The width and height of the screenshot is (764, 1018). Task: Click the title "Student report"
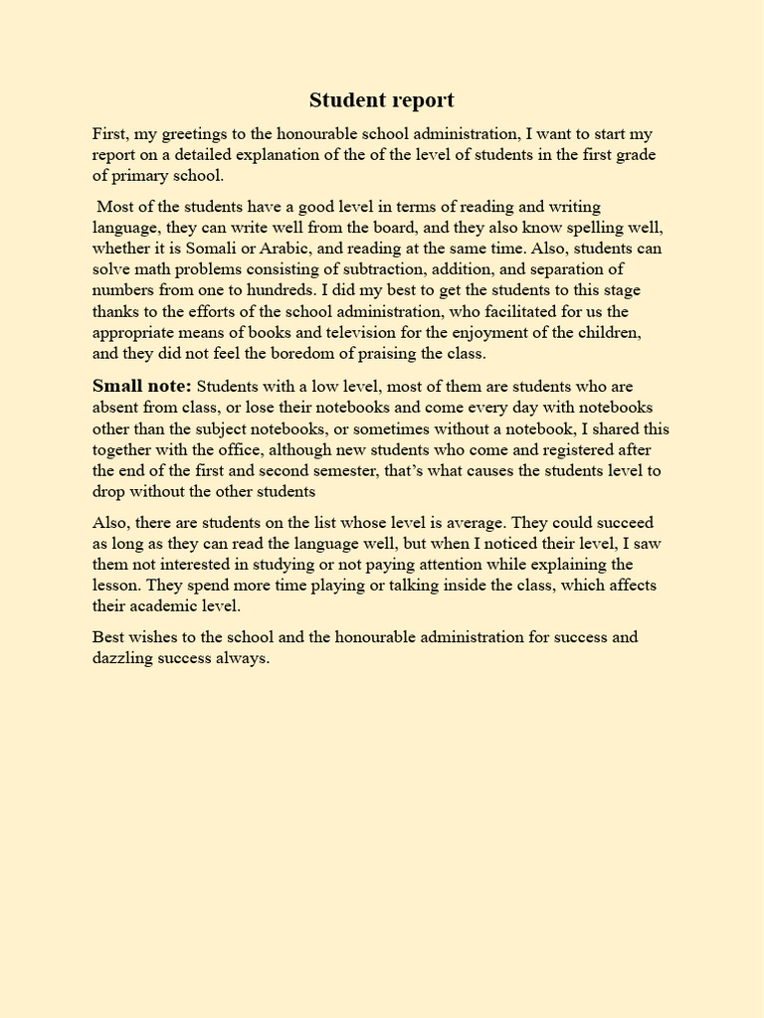tap(381, 100)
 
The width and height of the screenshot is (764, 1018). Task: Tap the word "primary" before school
tap(142, 177)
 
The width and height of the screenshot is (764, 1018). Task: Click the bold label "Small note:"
tap(141, 386)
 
